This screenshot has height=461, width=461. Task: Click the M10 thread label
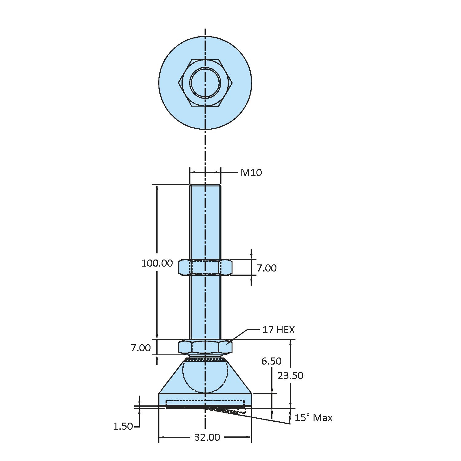click(251, 173)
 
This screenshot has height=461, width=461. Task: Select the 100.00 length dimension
click(157, 263)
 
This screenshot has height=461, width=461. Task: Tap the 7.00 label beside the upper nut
click(266, 268)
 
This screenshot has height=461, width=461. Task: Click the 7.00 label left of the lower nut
click(141, 348)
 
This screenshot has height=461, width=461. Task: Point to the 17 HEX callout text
click(278, 330)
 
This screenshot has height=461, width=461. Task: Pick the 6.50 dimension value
click(271, 361)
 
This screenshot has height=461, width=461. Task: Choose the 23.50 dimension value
click(290, 375)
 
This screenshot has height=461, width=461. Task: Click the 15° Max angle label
click(313, 418)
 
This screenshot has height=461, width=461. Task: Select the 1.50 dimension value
click(123, 426)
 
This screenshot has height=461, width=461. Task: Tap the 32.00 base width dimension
click(207, 437)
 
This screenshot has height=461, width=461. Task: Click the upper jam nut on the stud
click(205, 267)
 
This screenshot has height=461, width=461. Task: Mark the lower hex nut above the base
click(205, 347)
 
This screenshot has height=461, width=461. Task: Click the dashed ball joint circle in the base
click(205, 376)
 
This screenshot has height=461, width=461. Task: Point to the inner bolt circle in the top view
click(205, 83)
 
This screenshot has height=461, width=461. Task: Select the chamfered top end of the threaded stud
click(205, 185)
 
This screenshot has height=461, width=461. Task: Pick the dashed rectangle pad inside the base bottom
click(205, 403)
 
